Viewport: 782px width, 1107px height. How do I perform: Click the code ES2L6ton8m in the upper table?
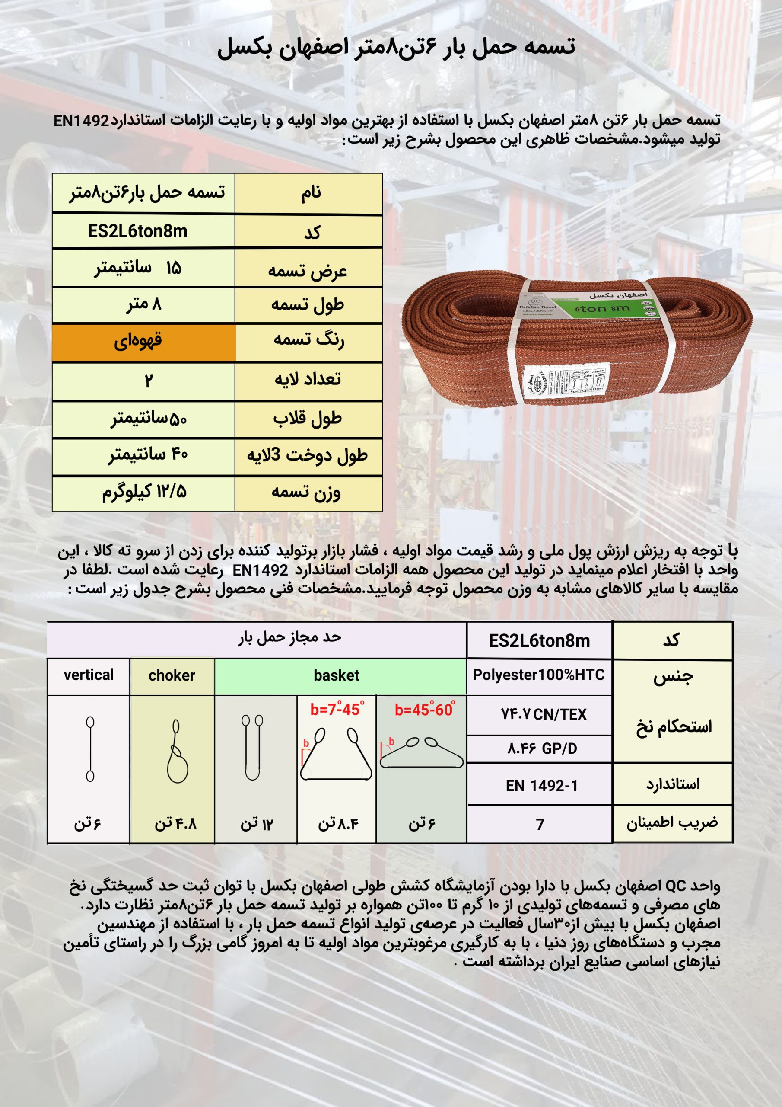[137, 232]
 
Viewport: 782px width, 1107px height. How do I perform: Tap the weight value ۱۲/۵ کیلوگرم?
[143, 492]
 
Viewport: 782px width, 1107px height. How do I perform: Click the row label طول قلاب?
[308, 419]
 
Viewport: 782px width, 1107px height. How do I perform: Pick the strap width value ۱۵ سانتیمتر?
[138, 268]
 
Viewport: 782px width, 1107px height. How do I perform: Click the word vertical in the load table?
[89, 675]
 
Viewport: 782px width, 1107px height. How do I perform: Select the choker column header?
[172, 675]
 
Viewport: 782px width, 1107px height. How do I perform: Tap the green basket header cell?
[336, 675]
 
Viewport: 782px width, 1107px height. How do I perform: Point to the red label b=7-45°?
[337, 709]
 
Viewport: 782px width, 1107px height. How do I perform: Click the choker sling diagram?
[176, 752]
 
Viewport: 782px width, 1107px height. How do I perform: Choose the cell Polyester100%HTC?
[539, 675]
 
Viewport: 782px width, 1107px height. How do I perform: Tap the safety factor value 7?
[540, 825]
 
